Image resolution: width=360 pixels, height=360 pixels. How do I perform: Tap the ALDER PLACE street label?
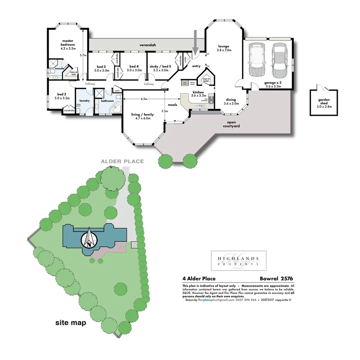click(x=123, y=161)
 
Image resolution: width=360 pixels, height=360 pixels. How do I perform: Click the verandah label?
click(x=148, y=45)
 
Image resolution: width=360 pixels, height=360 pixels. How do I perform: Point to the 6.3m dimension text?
click(x=144, y=99)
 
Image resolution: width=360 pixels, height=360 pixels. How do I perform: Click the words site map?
click(x=71, y=323)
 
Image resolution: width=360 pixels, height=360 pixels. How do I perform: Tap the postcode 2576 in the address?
click(x=287, y=279)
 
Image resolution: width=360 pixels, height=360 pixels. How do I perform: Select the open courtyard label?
click(x=231, y=124)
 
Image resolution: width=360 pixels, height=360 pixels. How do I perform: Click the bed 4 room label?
click(x=136, y=68)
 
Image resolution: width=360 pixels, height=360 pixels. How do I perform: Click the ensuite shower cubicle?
click(x=52, y=64)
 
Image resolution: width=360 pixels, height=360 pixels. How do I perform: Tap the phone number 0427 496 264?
click(x=246, y=300)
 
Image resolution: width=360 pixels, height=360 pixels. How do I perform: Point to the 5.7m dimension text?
click(x=83, y=55)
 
